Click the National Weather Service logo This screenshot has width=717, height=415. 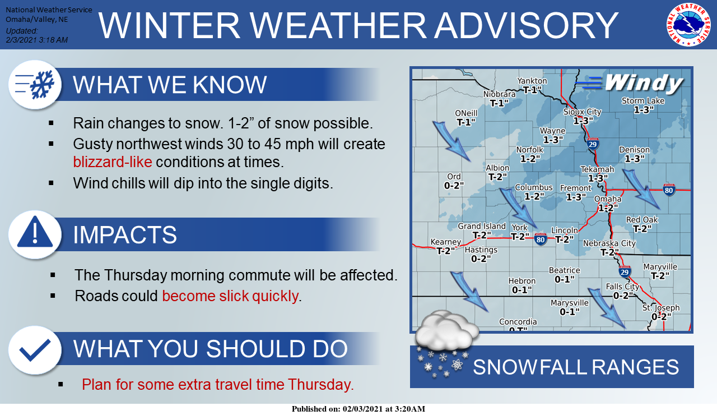[688, 24]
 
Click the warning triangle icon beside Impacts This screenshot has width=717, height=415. [35, 234]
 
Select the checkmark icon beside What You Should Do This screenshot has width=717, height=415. [35, 350]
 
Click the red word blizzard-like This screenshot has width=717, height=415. [112, 163]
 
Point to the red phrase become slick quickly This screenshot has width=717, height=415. [230, 296]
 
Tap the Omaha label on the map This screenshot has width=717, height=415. [608, 199]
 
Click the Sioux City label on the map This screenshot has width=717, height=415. [582, 112]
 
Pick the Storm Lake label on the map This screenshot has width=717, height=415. [643, 101]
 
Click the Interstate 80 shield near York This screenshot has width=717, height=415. [540, 239]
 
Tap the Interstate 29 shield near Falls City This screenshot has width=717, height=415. [625, 272]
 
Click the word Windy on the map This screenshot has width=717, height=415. [644, 83]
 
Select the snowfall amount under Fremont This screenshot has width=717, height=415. [576, 197]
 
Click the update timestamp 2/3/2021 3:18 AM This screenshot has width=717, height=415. [36, 40]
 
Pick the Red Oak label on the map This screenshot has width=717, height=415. [642, 220]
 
